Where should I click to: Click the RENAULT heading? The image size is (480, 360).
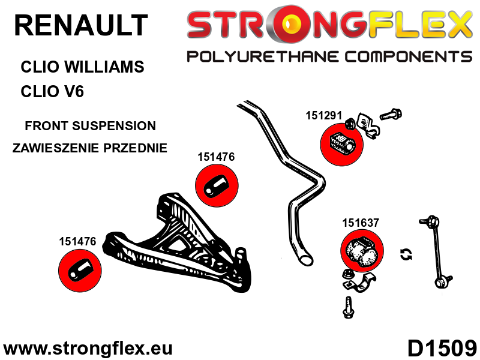click(81, 25)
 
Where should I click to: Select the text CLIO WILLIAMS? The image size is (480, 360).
click(82, 67)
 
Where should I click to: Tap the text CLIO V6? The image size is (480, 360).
click(52, 91)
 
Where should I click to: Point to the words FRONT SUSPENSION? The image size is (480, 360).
click(91, 126)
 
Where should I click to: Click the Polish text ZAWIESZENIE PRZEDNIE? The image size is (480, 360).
click(89, 148)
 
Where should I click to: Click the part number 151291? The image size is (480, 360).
click(323, 115)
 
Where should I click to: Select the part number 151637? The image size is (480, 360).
click(361, 223)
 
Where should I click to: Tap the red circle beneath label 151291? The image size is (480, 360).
click(341, 145)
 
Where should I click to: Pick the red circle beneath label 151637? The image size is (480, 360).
click(362, 250)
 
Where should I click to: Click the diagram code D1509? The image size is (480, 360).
click(442, 349)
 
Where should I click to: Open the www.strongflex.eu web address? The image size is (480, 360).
click(88, 349)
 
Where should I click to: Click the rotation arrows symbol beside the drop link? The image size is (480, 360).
click(406, 254)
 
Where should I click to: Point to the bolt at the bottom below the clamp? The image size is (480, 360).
click(349, 307)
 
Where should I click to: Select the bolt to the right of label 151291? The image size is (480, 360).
click(391, 115)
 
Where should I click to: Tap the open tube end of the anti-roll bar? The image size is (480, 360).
click(305, 260)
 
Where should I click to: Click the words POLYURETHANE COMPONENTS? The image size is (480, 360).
click(329, 57)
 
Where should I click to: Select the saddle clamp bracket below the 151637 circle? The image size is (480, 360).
click(359, 282)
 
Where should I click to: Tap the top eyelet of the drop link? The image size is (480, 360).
click(433, 221)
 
